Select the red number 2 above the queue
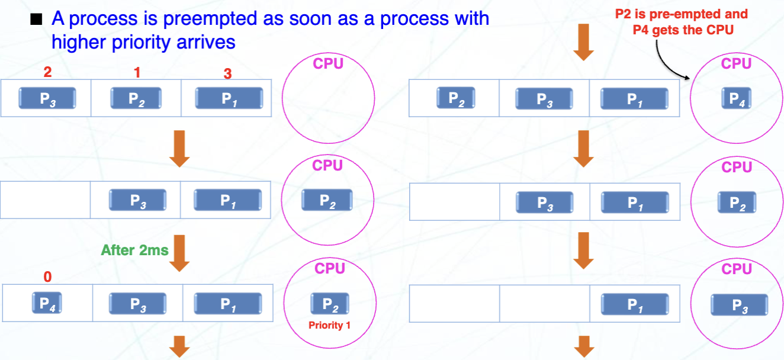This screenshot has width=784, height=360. coord(47,72)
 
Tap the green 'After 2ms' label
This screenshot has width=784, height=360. coord(134,250)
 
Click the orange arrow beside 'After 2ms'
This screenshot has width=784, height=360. coord(179,253)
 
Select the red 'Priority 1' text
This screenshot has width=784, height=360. coord(329,325)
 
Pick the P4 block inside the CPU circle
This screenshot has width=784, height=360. coord(736,98)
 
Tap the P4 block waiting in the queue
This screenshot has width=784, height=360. coord(47,304)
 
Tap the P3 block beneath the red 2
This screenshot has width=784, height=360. coord(47,98)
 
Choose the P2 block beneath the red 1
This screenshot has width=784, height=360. coord(137,98)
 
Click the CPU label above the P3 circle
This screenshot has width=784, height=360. coord(737,269)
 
